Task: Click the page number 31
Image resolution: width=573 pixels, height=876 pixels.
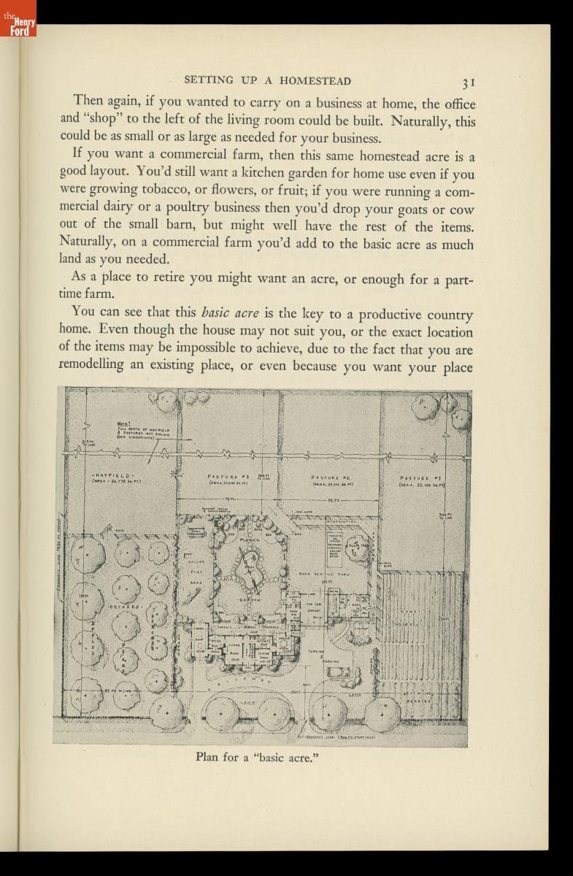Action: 468,82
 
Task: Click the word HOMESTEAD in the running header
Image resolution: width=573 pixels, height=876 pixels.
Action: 316,81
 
